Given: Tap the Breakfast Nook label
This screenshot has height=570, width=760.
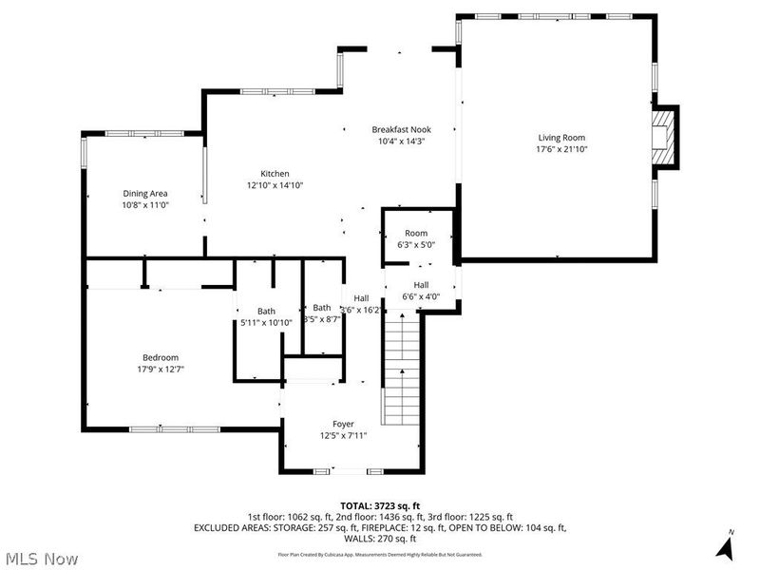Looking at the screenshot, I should click(x=400, y=129).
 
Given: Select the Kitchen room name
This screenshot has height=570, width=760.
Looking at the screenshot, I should click(x=275, y=174).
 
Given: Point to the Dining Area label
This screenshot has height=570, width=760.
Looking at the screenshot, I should click(x=144, y=193).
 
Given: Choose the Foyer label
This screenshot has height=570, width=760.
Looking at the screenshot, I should click(x=343, y=424).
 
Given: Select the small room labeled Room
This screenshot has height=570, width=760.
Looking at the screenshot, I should click(x=416, y=233).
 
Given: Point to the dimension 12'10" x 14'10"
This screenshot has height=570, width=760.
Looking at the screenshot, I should click(x=275, y=185).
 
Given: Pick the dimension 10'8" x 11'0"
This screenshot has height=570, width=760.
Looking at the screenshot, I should click(x=144, y=205).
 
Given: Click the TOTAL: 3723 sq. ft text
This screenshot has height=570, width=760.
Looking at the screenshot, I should click(x=379, y=505).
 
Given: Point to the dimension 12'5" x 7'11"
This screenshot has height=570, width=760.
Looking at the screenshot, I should click(x=343, y=436).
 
